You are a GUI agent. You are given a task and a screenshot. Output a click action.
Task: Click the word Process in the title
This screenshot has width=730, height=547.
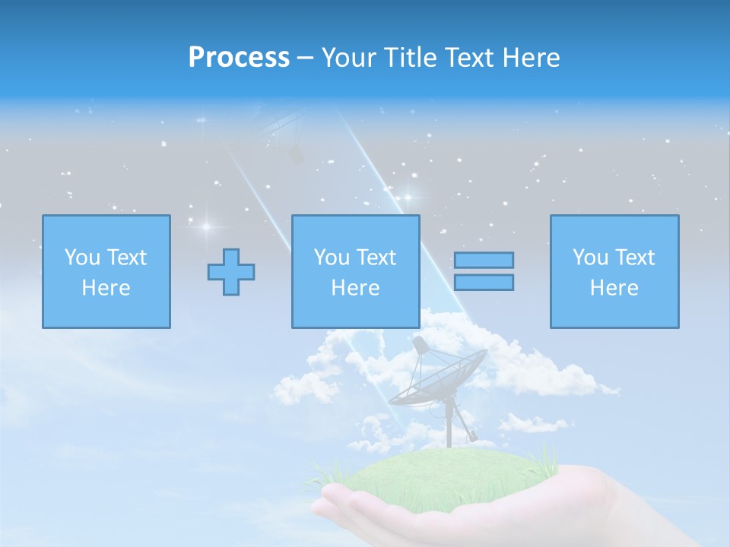[x=239, y=58]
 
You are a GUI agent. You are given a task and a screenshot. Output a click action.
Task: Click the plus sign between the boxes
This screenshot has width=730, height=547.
[x=231, y=272]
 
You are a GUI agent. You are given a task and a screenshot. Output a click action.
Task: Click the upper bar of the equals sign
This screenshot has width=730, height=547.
[x=484, y=260]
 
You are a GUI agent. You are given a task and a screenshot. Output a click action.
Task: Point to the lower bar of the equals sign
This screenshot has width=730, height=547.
[x=484, y=282]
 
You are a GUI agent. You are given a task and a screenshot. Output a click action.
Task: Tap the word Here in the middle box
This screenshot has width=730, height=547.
[x=356, y=288]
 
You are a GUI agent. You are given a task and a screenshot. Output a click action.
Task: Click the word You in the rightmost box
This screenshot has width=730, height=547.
[x=590, y=258]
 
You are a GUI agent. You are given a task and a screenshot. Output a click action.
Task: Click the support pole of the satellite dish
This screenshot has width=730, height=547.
[x=449, y=425]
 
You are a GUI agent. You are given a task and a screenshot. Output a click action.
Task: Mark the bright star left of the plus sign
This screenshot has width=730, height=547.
[x=205, y=226]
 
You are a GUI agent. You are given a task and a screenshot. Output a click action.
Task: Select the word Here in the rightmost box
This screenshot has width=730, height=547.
[x=614, y=288]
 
